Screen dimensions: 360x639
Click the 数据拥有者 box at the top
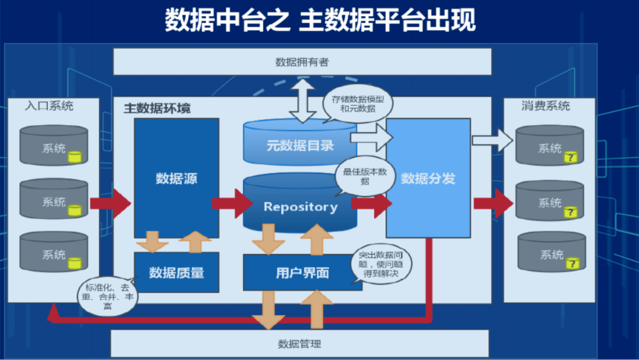(x=302, y=62)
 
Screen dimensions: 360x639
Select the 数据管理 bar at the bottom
(x=299, y=344)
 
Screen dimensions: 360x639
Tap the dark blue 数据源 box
(x=176, y=178)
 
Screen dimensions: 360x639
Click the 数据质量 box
(x=176, y=272)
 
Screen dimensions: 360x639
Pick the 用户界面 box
(x=302, y=272)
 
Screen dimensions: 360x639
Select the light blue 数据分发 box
(x=428, y=178)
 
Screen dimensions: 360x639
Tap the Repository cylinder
(x=300, y=207)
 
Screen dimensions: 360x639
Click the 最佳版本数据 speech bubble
(x=364, y=176)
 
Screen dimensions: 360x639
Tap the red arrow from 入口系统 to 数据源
(x=110, y=203)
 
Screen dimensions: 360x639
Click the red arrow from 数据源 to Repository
(x=232, y=203)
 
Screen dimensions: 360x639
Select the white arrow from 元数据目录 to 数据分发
(x=372, y=139)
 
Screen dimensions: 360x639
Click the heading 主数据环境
(x=157, y=109)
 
